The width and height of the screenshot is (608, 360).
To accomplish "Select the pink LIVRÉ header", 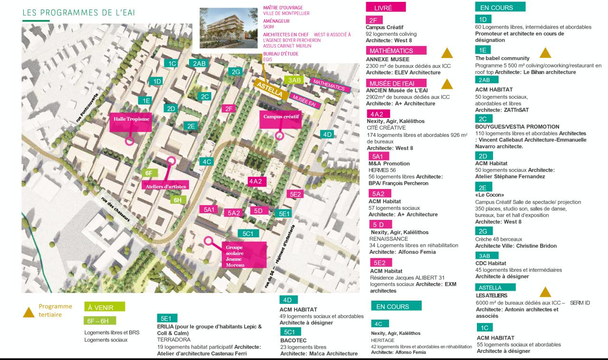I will [x=385, y=8].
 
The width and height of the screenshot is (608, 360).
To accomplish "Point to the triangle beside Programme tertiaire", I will [x=29, y=312].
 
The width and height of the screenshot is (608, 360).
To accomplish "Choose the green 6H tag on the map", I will [x=177, y=200].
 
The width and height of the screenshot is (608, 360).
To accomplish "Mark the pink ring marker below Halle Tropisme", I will [x=128, y=141].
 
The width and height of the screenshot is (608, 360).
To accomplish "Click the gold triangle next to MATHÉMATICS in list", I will [x=446, y=53].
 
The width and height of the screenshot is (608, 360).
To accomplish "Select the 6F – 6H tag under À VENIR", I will [x=99, y=321].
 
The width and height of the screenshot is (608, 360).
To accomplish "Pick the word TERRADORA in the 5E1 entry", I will [x=173, y=340].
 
